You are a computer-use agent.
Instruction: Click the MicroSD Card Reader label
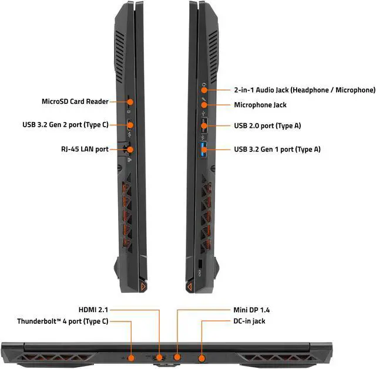point(75,101)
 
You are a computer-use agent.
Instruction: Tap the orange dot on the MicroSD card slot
point(130,101)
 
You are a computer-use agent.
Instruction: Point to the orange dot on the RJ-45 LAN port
point(130,149)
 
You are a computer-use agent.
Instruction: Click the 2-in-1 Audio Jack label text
point(304,90)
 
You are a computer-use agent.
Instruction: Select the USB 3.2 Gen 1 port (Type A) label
point(277,149)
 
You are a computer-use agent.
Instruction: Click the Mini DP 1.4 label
point(252,309)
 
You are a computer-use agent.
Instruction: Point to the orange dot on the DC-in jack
point(202,357)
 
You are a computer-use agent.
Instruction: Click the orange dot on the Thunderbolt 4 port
point(130,357)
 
